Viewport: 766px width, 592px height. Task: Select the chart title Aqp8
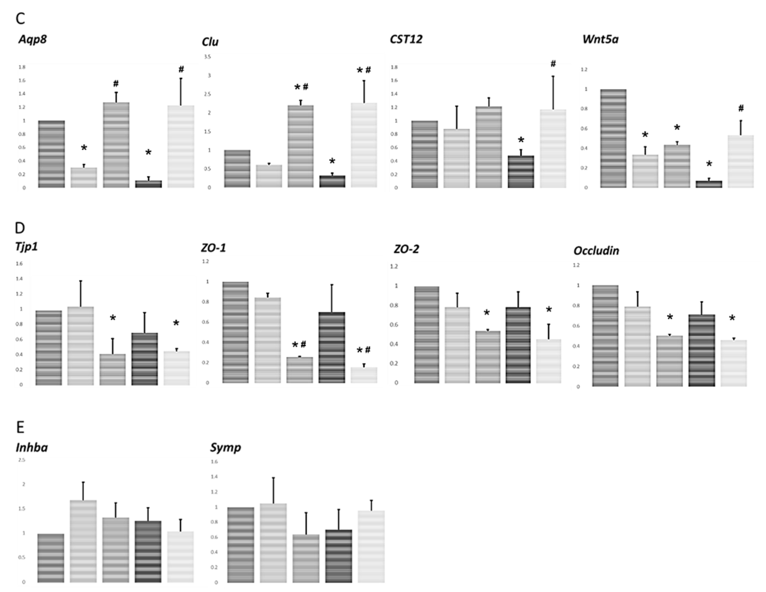point(33,39)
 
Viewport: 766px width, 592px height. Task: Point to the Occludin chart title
point(596,251)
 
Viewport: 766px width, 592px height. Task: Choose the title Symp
point(225,447)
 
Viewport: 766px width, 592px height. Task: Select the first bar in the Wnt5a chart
point(613,139)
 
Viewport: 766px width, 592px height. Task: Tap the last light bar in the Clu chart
point(364,145)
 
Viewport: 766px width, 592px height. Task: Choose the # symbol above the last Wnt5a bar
point(741,108)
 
